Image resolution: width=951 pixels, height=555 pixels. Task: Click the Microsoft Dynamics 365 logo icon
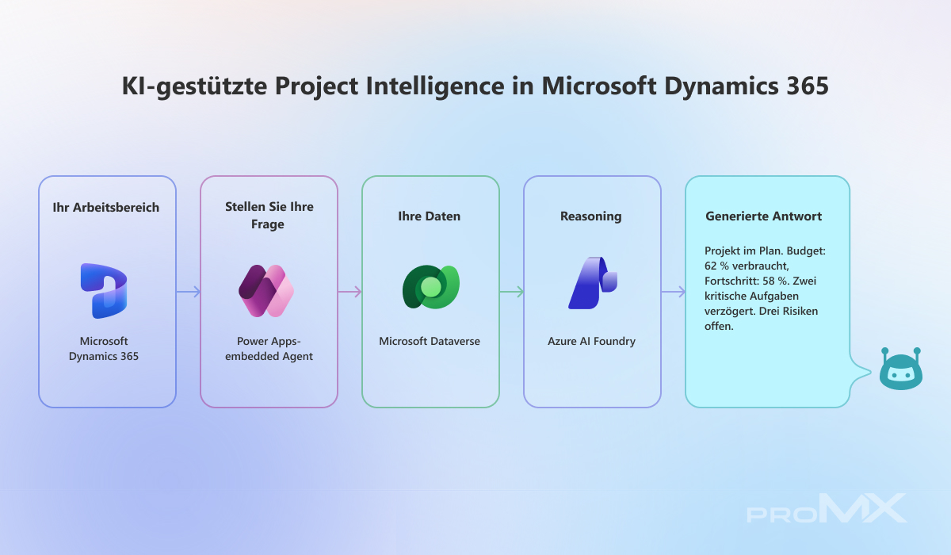tap(104, 291)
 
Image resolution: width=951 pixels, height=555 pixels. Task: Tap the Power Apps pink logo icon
tap(266, 291)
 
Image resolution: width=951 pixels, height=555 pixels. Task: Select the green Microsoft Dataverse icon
tap(431, 287)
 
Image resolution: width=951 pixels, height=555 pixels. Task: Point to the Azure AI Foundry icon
tap(593, 283)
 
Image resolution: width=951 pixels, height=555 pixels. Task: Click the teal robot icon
tap(901, 369)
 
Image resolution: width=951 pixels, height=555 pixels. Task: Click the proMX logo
tap(827, 508)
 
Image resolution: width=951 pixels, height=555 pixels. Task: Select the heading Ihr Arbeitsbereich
tap(105, 207)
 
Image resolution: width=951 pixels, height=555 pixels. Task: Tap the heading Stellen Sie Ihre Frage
tap(269, 216)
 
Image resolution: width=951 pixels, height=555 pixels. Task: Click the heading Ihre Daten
tap(430, 216)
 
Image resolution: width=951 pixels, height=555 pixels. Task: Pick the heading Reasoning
tap(591, 216)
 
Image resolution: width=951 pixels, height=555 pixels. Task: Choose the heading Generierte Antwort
tap(763, 216)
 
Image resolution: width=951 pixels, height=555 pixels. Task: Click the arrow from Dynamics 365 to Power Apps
tap(188, 292)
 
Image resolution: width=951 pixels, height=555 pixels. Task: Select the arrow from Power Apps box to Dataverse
tap(349, 292)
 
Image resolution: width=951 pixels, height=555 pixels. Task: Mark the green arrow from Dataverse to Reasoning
tap(512, 292)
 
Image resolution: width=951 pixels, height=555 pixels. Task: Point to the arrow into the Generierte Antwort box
tap(674, 292)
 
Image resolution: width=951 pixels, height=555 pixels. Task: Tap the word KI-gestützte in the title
tap(194, 86)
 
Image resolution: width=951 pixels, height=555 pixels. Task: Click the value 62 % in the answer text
tap(716, 266)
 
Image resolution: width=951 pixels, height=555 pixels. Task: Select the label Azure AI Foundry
tap(591, 341)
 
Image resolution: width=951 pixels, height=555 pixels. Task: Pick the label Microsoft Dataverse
tap(430, 341)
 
